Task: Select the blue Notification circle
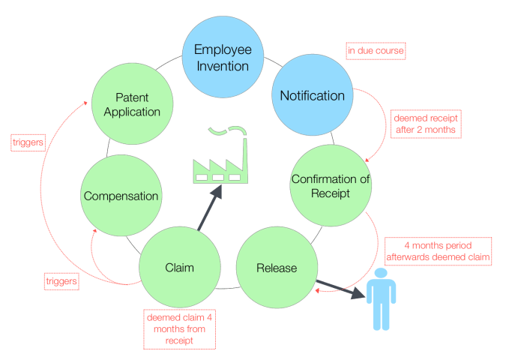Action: pyautogui.click(x=312, y=95)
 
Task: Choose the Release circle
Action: pyautogui.click(x=276, y=268)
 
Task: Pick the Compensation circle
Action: pyautogui.click(x=121, y=196)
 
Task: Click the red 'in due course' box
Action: pyautogui.click(x=376, y=51)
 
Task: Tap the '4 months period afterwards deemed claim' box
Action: pyautogui.click(x=437, y=250)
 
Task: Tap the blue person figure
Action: pyautogui.click(x=382, y=300)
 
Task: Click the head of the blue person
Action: pyautogui.click(x=382, y=276)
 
